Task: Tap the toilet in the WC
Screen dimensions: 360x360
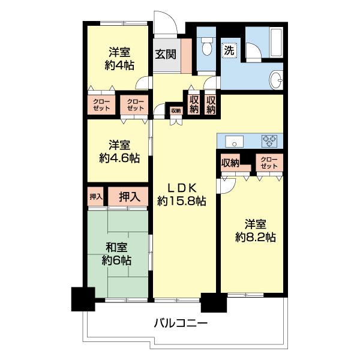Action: point(206,46)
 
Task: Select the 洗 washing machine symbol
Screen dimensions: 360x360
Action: point(229,51)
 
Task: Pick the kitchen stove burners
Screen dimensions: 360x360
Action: point(270,141)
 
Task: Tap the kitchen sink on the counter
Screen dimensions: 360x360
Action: point(234,141)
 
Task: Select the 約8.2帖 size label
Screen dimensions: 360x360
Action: point(255,237)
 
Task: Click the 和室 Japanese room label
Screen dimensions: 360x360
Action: point(116,247)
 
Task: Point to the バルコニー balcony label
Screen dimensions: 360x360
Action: point(181,324)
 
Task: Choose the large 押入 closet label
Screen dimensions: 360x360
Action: point(128,196)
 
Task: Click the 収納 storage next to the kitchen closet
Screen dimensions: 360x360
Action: point(230,163)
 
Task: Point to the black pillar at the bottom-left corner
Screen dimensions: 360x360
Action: point(83,299)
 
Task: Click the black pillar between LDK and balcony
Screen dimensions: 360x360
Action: point(210,302)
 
